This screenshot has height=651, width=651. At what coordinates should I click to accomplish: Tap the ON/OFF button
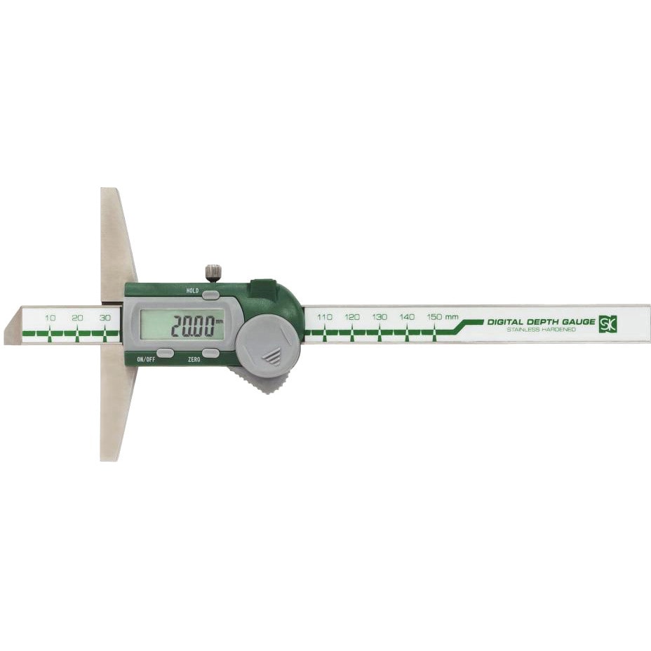click(165, 352)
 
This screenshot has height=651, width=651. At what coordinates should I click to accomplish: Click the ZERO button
click(211, 352)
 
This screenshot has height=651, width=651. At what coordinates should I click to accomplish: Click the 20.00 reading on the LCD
click(193, 326)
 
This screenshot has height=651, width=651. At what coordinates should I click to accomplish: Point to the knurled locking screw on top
click(213, 273)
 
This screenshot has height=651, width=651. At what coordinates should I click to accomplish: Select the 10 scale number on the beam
click(51, 318)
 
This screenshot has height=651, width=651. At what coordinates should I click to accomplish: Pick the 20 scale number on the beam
click(77, 318)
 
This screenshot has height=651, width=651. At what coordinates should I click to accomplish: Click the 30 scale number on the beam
click(105, 318)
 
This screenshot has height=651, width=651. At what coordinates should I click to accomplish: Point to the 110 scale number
click(324, 317)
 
